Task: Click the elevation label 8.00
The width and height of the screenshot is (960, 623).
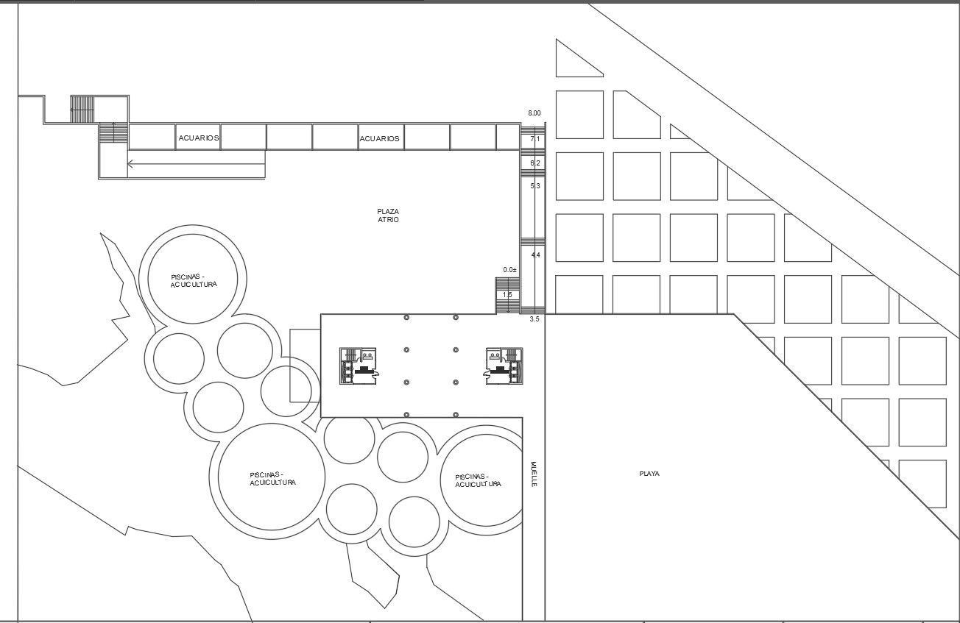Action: coord(534,113)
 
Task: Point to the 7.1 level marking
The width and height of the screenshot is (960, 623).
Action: coord(535,139)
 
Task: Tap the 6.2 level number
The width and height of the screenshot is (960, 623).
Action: coord(535,163)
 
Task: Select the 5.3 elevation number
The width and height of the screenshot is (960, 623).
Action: coord(535,186)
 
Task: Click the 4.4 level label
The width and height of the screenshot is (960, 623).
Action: coord(536,255)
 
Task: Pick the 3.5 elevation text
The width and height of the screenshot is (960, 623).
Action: coord(534,319)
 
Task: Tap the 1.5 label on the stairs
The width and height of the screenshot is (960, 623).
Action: coord(507,295)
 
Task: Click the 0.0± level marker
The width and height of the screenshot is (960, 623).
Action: coord(510,270)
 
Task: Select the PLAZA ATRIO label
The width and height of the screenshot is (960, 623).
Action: coord(388,216)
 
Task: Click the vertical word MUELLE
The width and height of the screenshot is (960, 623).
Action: coord(534,474)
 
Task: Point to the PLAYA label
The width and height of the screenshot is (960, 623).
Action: coord(649,474)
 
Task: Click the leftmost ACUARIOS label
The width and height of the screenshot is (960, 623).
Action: coord(199,138)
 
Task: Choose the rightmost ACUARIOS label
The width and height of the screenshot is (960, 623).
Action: coord(380,139)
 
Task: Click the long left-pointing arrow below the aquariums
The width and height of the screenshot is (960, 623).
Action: coord(197,163)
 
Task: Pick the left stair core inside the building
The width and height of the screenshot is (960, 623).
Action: coord(358,366)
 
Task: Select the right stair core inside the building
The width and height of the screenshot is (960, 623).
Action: coord(503,366)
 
